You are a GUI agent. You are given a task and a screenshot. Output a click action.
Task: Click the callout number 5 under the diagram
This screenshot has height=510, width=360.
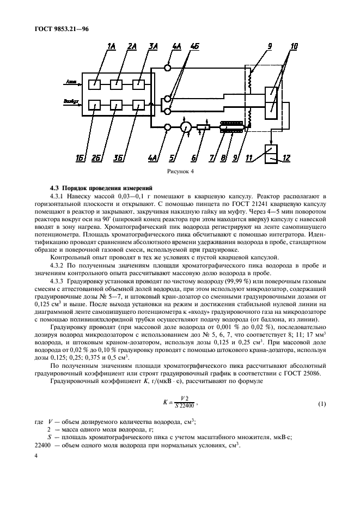pyautogui.click(x=172, y=159)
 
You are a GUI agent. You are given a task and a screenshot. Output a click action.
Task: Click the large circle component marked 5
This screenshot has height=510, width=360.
pyautogui.click(x=185, y=127)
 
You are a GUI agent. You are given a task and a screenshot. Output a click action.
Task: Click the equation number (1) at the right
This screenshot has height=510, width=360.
pyautogui.click(x=321, y=404)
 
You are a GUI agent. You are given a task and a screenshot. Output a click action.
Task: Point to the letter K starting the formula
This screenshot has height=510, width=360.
pyautogui.click(x=164, y=404)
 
